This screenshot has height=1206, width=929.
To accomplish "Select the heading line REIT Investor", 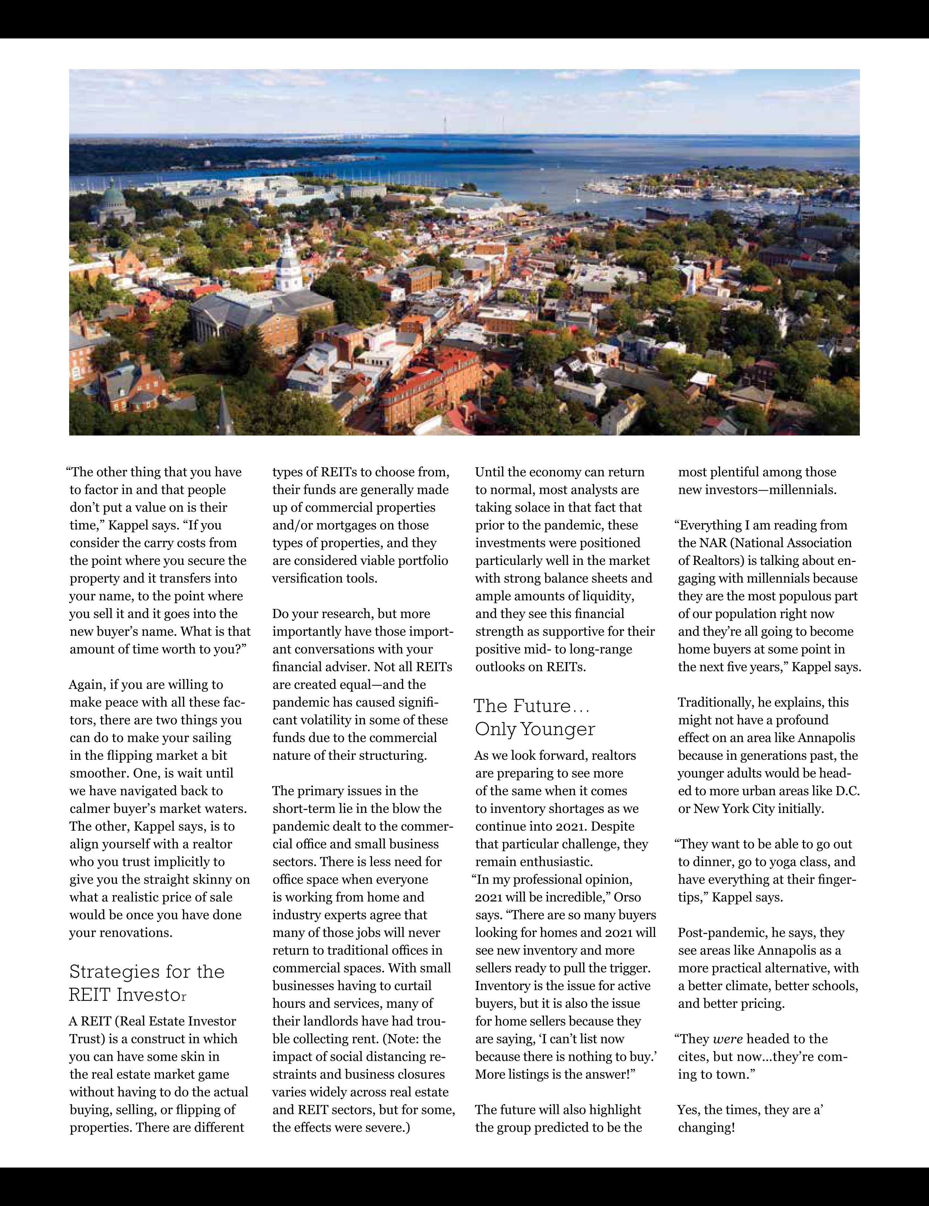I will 128,995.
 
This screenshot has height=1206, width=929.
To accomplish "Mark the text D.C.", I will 847,791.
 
